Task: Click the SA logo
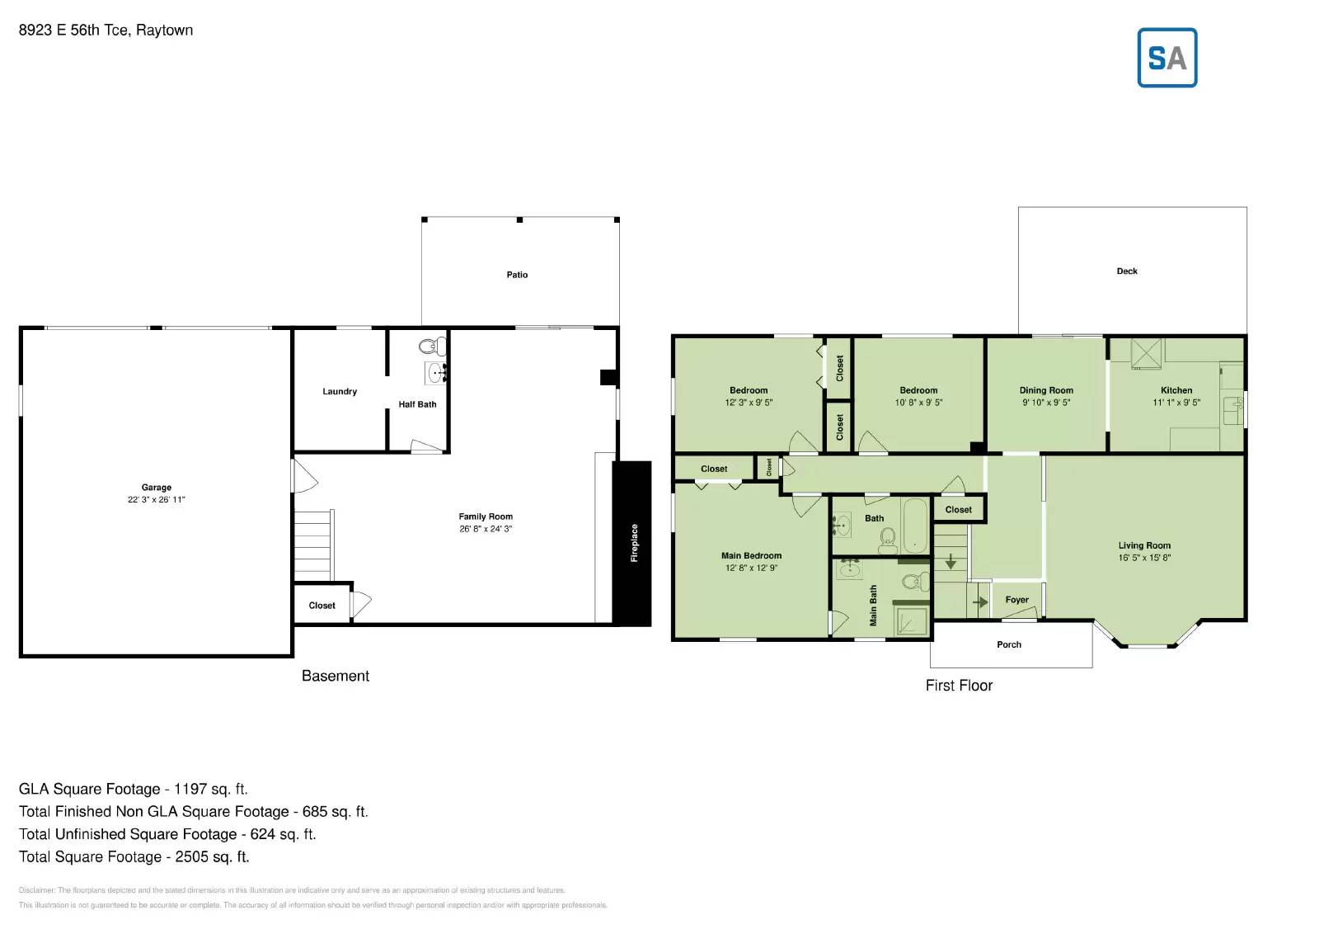pos(1166,58)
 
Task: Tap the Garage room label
pos(156,488)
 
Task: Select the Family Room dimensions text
pos(486,529)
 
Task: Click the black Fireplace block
pos(631,543)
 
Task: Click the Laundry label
pos(340,392)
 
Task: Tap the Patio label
pos(517,275)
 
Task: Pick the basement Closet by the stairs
pos(322,606)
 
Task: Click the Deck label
pos(1127,271)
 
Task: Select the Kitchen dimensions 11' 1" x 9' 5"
pos(1176,403)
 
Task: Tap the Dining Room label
pos(1046,390)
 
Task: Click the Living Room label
pos(1144,545)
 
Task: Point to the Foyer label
pos(1016,600)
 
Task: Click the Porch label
pos(1009,644)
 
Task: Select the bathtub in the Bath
pos(914,525)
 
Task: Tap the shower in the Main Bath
pos(911,621)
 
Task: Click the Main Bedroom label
pos(751,556)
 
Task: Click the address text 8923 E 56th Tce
pos(73,31)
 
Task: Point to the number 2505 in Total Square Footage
pos(191,857)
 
